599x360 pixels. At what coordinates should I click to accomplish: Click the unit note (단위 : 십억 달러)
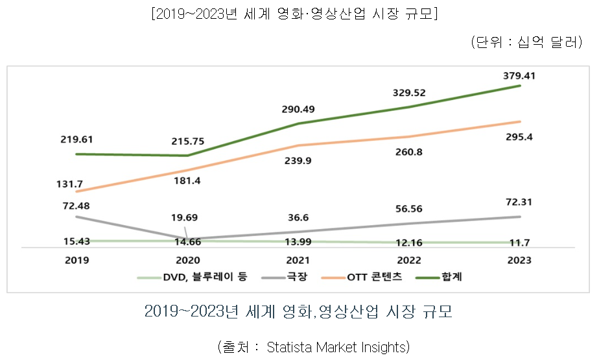point(526,43)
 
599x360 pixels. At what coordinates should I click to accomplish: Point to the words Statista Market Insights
point(338,346)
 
